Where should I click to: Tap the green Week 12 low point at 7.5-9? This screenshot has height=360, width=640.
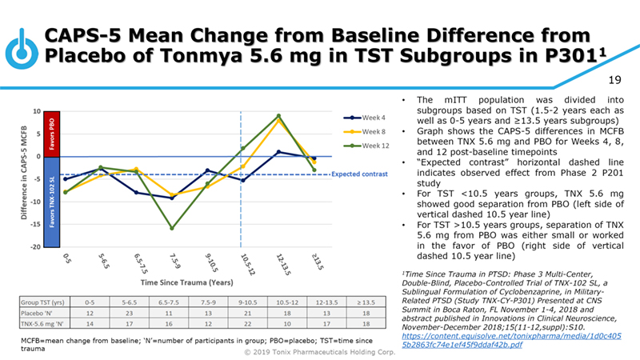coord(173,229)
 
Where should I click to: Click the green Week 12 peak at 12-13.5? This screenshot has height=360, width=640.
coord(278,116)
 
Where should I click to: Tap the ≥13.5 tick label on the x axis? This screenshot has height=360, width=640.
coord(314,260)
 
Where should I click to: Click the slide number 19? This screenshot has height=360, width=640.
coord(616,80)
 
